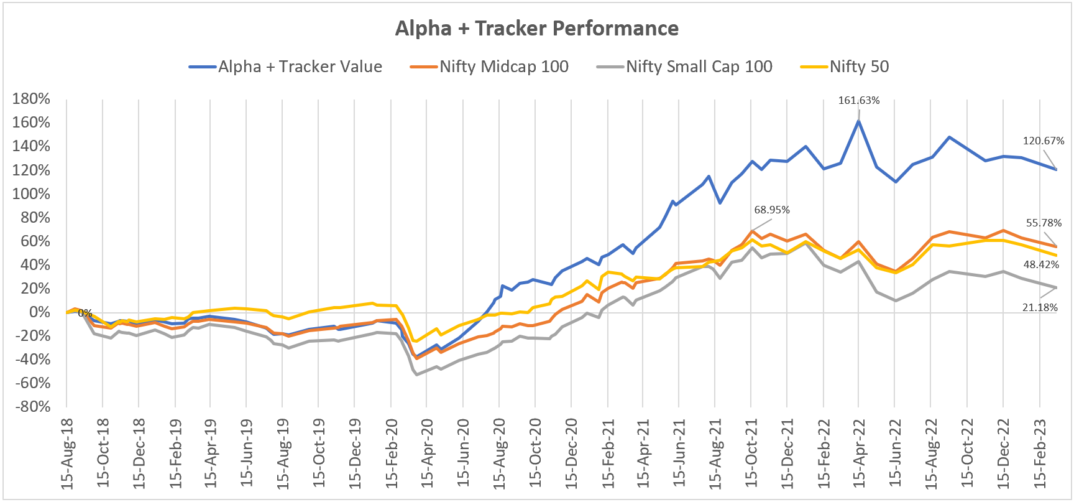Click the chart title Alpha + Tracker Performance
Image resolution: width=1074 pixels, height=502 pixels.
[536, 29]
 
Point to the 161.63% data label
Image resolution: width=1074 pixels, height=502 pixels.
[858, 101]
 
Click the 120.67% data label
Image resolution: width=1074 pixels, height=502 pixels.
[1043, 141]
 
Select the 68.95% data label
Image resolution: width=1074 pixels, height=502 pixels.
[771, 210]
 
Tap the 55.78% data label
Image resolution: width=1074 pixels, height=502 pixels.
[1044, 223]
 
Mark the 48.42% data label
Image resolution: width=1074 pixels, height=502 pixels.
[1041, 264]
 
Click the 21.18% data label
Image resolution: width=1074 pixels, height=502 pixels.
[1040, 307]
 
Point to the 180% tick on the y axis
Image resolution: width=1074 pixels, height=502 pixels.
[31, 99]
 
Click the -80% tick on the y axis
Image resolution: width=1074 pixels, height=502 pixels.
[31, 407]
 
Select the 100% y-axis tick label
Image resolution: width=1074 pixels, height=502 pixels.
[31, 194]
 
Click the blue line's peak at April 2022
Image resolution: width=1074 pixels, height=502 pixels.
[858, 121]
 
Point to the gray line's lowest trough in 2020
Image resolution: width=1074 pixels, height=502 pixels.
[416, 374]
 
